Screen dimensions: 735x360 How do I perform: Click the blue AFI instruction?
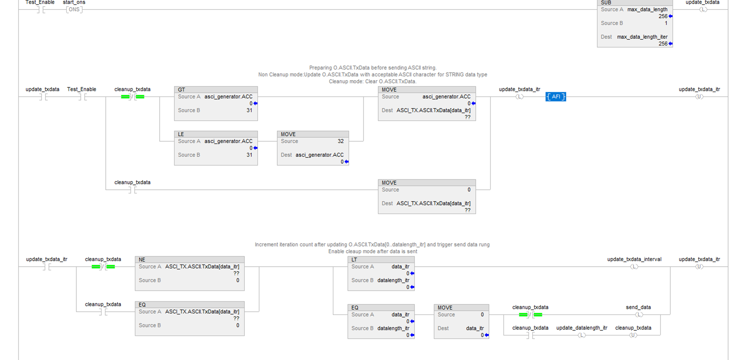[x=556, y=97]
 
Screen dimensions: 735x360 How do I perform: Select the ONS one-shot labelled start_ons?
[x=74, y=10]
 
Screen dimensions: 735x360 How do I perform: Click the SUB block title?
[x=606, y=2]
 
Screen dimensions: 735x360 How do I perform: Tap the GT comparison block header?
[x=216, y=90]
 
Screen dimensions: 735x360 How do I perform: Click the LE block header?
[x=216, y=134]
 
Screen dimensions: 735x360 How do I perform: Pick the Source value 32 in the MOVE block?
[x=341, y=141]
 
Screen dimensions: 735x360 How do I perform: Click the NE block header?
[x=190, y=260]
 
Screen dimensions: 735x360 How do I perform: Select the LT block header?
[x=381, y=260]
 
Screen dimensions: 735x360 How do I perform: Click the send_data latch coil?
[x=639, y=315]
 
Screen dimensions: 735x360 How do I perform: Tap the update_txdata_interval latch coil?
[x=634, y=267]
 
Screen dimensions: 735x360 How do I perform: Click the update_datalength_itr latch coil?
[x=582, y=335]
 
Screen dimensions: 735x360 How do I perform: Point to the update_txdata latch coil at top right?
[x=703, y=10]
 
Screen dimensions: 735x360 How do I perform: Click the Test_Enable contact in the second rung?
[x=82, y=97]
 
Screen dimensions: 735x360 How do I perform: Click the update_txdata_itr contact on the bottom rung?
[x=46, y=267]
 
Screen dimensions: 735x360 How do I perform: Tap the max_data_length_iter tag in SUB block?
[x=642, y=37]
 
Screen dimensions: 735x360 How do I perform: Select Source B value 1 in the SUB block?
[x=666, y=23]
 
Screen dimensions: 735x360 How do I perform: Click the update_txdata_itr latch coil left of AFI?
[x=520, y=97]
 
